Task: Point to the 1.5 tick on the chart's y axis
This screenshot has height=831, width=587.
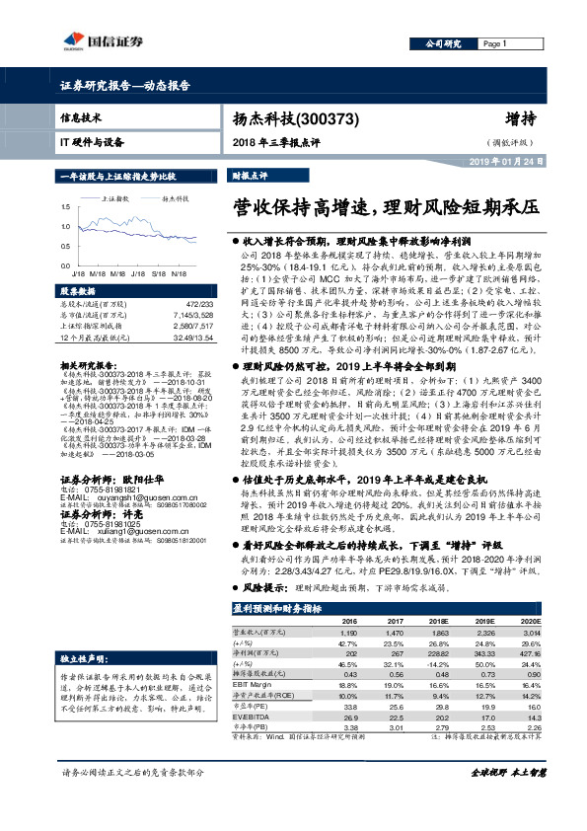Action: click(x=65, y=208)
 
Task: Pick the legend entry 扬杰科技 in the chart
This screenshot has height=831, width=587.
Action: click(x=175, y=198)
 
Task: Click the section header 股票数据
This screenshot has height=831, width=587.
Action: click(x=78, y=292)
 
